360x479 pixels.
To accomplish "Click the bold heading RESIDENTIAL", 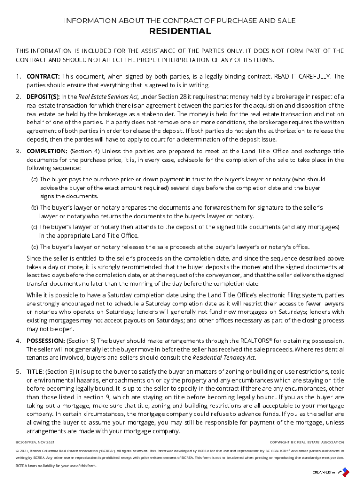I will pyautogui.click(x=180, y=32).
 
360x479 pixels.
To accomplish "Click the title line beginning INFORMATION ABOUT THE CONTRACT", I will pyautogui.click(x=180, y=21).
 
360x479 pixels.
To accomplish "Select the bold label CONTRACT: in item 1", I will pyautogui.click(x=43, y=76).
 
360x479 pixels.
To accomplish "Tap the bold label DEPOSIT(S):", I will pyautogui.click(x=43, y=97).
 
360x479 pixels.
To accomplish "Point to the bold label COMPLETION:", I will pyautogui.click(x=47, y=151).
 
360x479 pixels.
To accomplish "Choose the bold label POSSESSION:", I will pyautogui.click(x=45, y=341).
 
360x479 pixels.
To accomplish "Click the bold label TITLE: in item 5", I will pyautogui.click(x=36, y=371).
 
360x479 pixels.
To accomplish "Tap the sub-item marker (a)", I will pyautogui.click(x=35, y=180).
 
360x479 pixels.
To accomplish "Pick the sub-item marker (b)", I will pyautogui.click(x=35, y=207).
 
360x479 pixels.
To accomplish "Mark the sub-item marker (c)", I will pyautogui.click(x=35, y=227).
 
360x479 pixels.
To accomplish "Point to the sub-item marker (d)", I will pyautogui.click(x=35, y=247).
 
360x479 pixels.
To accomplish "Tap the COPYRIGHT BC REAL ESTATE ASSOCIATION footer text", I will pyautogui.click(x=307, y=442).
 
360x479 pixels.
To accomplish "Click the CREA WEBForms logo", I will pyautogui.click(x=331, y=472).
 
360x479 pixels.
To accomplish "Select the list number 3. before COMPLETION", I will pyautogui.click(x=18, y=151).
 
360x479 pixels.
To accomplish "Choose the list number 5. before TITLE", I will pyautogui.click(x=18, y=371).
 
